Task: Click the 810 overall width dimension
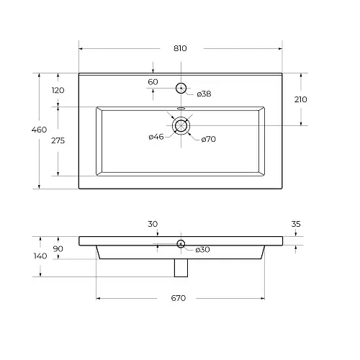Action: pyautogui.click(x=180, y=48)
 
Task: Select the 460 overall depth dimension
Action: pyautogui.click(x=39, y=130)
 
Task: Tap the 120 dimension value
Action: pyautogui.click(x=58, y=90)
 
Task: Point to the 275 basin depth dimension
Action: pyautogui.click(x=58, y=140)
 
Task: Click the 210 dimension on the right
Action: pyautogui.click(x=300, y=99)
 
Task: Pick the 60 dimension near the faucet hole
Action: pyautogui.click(x=153, y=82)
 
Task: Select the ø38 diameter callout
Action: pyautogui.click(x=204, y=94)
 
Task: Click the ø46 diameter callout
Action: pyautogui.click(x=156, y=137)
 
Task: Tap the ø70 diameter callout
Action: pyautogui.click(x=209, y=139)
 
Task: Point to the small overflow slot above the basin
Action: pyautogui.click(x=181, y=108)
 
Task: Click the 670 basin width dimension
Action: pyautogui.click(x=179, y=298)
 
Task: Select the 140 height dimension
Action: pyautogui.click(x=40, y=256)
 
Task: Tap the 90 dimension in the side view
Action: pyautogui.click(x=58, y=249)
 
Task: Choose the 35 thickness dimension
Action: pyautogui.click(x=296, y=224)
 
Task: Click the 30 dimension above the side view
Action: pyautogui.click(x=153, y=224)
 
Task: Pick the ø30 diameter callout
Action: pyautogui.click(x=202, y=250)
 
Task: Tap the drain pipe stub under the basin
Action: pyautogui.click(x=181, y=268)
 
